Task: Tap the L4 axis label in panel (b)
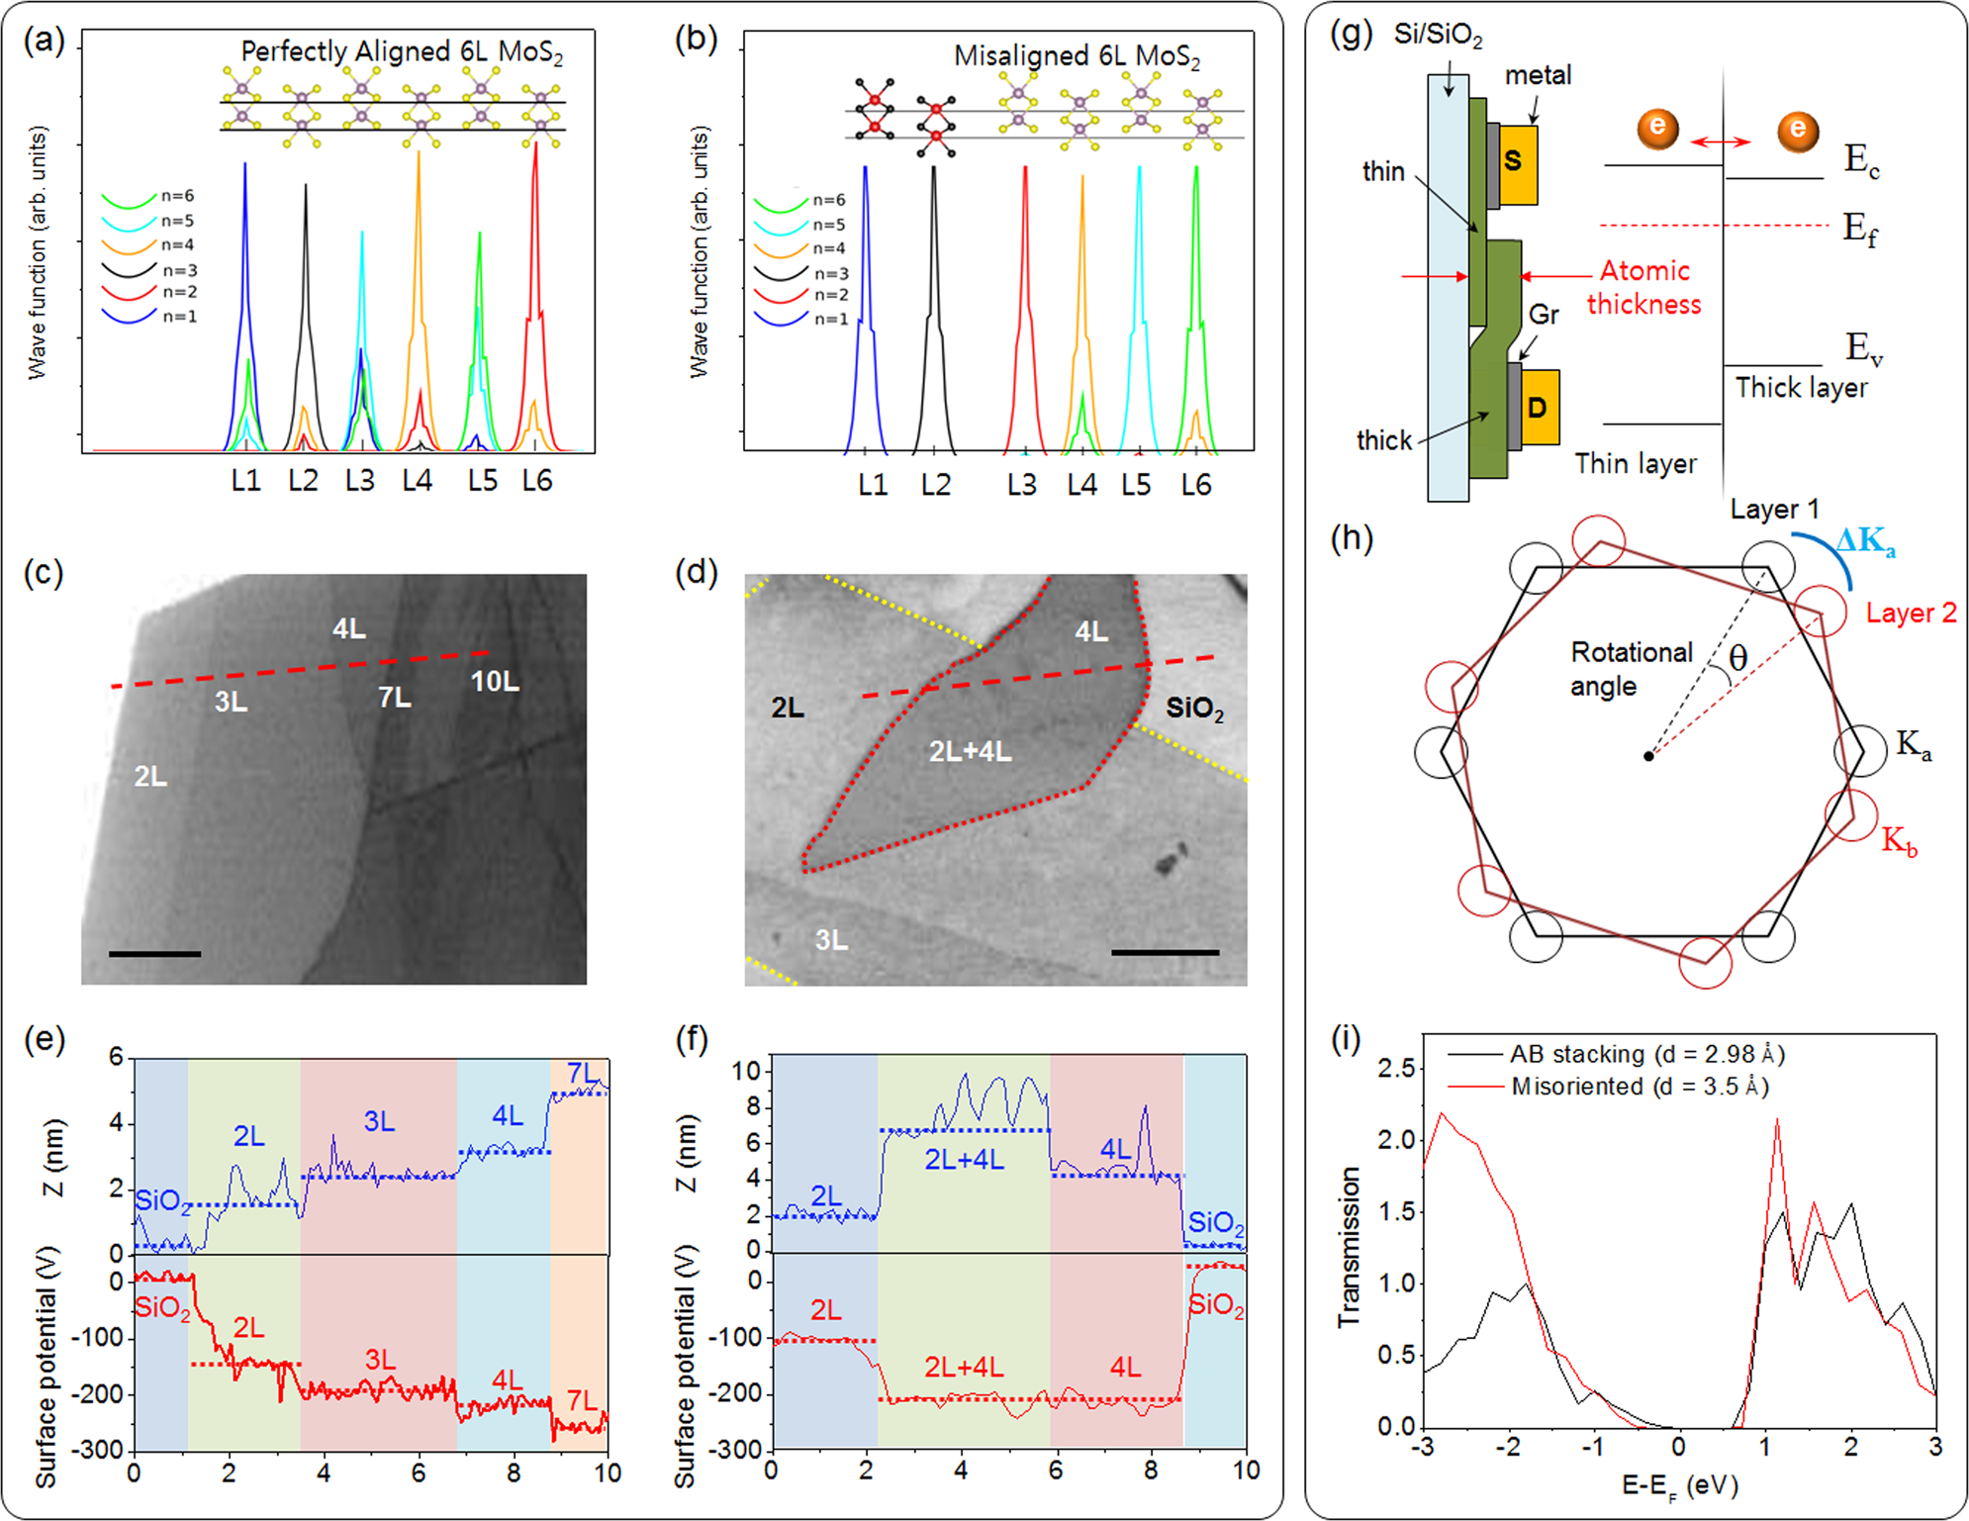point(1081,485)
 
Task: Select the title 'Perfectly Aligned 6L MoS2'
point(402,51)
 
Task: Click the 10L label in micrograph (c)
point(495,681)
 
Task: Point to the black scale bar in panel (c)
point(154,954)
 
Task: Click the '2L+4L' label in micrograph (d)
point(970,751)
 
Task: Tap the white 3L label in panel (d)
point(831,939)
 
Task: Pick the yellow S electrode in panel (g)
point(1518,163)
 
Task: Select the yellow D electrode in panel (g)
point(1540,407)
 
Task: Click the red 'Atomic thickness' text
point(1644,287)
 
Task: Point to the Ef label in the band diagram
point(1859,231)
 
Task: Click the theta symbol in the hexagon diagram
point(1737,657)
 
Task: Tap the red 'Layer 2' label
point(1911,614)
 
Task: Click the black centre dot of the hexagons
point(1648,756)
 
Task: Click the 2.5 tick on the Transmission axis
point(1396,1068)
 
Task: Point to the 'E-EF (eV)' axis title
point(1679,1485)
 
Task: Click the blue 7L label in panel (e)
point(582,1073)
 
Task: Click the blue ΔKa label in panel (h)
point(1865,541)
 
